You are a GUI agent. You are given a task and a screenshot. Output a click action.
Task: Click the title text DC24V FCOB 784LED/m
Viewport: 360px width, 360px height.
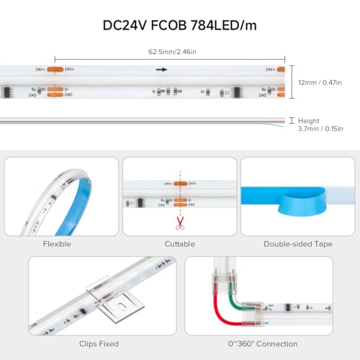179,26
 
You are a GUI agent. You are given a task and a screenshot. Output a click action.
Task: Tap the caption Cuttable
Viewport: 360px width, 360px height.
179,244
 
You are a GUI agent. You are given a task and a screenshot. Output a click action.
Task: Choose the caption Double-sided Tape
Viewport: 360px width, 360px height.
298,244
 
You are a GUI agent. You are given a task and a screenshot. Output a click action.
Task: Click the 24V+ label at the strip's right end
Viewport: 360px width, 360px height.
269,69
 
